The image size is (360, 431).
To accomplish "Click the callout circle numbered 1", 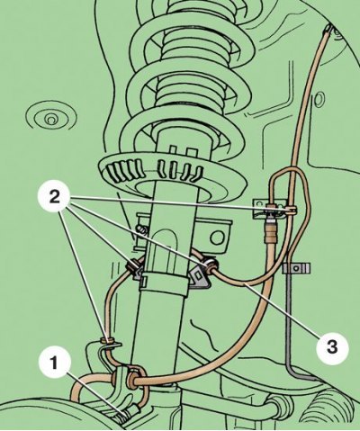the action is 55,364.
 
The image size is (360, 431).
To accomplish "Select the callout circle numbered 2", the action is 54,197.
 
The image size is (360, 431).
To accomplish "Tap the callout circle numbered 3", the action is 332,347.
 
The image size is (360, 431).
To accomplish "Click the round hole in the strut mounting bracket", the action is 217,238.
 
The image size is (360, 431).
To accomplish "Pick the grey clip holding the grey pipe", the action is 296,267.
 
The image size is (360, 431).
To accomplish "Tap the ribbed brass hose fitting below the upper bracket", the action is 270,232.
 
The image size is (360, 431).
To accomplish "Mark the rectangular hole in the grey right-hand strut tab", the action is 198,274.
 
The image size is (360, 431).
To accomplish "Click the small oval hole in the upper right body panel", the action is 319,99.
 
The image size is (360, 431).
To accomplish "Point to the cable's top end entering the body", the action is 328,30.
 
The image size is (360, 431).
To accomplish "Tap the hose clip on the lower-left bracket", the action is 107,341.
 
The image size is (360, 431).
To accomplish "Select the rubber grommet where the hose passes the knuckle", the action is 131,381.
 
